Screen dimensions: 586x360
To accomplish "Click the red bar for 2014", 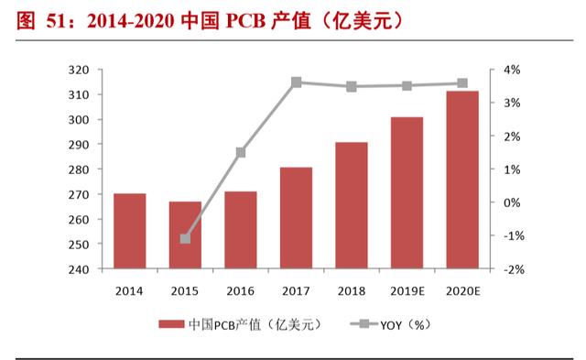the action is pos(130,231).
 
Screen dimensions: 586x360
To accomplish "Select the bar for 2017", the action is pos(296,218).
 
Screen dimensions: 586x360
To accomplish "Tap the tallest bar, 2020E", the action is pos(462,180).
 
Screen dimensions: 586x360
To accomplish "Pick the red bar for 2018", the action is pos(352,205).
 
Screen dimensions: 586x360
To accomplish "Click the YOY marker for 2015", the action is pos(185,238).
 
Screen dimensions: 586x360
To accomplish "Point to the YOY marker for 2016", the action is pos(241,153).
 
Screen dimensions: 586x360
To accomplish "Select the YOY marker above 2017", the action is pos(297,82).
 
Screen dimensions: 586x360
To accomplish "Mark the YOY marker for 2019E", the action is pos(407,86).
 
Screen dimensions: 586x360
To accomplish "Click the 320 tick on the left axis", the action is pos(79,70).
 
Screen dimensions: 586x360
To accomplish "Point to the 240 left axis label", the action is pos(79,269).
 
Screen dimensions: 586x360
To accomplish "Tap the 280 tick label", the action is pos(79,169).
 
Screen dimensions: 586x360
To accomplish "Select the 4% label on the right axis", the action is pos(512,70).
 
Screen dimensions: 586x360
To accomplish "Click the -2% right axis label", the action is pos(514,269).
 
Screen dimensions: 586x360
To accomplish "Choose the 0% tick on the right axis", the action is pos(512,202).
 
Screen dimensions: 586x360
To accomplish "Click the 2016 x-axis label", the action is pos(240,291).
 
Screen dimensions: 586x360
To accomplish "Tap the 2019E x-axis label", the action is pos(407,291).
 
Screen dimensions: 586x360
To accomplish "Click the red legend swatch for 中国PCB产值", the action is pos(171,324).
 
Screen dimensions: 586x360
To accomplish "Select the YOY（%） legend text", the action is pos(406,325).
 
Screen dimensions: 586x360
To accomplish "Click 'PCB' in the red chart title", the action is pos(245,21).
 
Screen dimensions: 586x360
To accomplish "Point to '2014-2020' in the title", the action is pos(130,21).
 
